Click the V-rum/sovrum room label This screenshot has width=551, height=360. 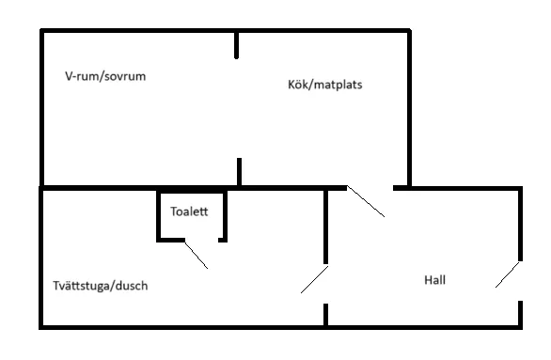pos(104,76)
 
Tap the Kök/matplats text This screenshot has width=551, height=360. pos(325,85)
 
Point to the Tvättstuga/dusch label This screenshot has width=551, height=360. pos(101,286)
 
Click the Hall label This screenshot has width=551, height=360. pos(434,280)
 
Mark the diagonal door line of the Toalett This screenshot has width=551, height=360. pos(196,255)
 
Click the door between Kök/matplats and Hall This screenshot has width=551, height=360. pos(366,202)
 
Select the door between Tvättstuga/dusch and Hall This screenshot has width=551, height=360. pos(314,279)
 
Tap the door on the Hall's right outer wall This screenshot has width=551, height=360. pos(508,274)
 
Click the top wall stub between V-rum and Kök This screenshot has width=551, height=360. pos(237,44)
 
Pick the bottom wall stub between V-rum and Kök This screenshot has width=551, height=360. pos(240,173)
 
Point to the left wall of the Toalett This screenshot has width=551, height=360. pos(158,216)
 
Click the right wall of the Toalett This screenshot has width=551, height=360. pos(222,216)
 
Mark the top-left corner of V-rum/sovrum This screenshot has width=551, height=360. pos(42,32)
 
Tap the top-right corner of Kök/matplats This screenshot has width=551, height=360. pos(409,32)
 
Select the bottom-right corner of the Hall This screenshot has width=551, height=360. pos(521,327)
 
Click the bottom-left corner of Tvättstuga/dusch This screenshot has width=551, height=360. pos(41,327)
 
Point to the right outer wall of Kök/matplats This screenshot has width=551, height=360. pos(409,108)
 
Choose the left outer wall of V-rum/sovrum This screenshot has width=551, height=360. pos(42,108)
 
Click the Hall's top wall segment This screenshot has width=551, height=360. pos(457,188)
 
